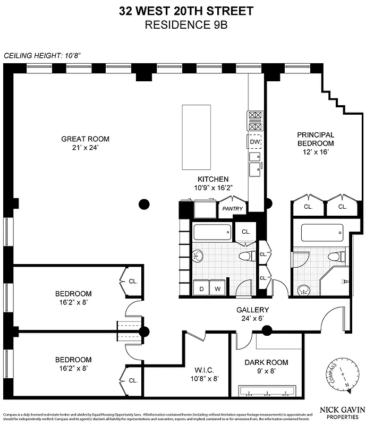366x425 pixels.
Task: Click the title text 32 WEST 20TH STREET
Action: (183, 10)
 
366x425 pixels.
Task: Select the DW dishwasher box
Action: (254, 142)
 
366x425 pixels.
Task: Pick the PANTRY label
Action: (232, 209)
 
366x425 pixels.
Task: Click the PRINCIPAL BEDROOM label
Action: (316, 139)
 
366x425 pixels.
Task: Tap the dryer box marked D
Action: (202, 289)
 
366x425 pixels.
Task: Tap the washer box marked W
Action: (217, 289)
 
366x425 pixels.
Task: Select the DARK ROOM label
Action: (266, 362)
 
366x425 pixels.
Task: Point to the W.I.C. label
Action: (203, 370)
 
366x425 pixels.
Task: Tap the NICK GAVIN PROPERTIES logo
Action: (341, 412)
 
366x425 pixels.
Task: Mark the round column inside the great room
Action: (143, 203)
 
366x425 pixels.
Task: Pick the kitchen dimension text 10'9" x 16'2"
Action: (213, 188)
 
